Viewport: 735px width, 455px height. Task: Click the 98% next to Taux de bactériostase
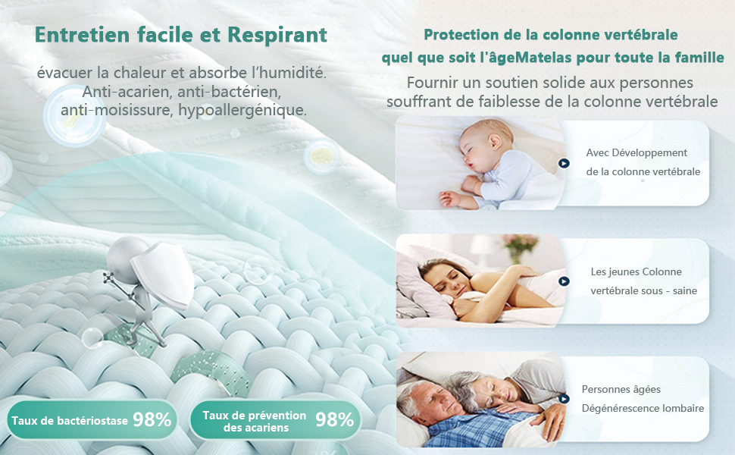coord(152,419)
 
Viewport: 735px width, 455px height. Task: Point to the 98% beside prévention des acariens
coord(334,419)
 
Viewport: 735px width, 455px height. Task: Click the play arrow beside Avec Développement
coord(564,163)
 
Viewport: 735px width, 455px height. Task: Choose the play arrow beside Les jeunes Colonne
coord(564,281)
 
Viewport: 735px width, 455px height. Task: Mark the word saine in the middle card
coord(683,290)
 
